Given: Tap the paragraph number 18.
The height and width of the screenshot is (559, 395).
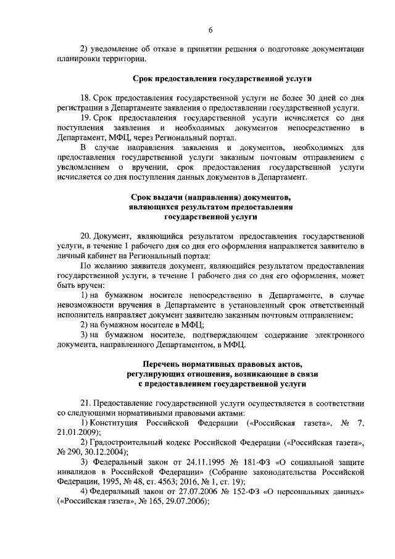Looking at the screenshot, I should pos(86,98).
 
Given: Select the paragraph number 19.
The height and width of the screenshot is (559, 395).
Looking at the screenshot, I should pos(86,117).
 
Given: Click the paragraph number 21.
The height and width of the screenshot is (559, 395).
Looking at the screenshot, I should pos(86,402).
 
